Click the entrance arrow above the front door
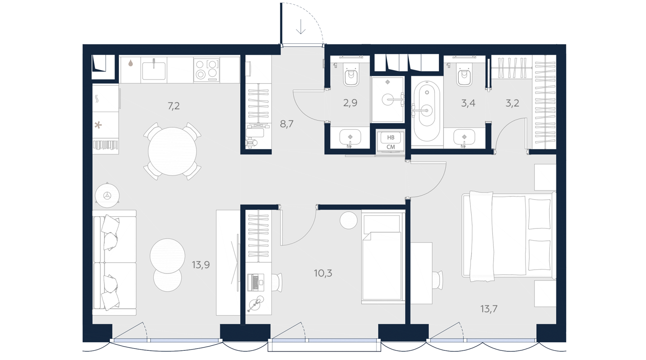click(x=301, y=27)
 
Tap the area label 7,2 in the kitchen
click(x=174, y=106)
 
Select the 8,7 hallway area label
click(x=287, y=124)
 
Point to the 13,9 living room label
click(x=201, y=265)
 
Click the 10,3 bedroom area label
click(x=323, y=273)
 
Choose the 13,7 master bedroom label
click(x=489, y=309)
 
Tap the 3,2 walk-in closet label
click(x=512, y=103)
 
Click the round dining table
click(x=172, y=152)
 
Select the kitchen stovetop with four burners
click(x=206, y=70)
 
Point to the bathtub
click(x=427, y=112)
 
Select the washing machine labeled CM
click(x=391, y=142)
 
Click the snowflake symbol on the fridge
click(x=98, y=125)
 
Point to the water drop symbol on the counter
click(x=131, y=63)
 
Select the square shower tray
click(x=388, y=100)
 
